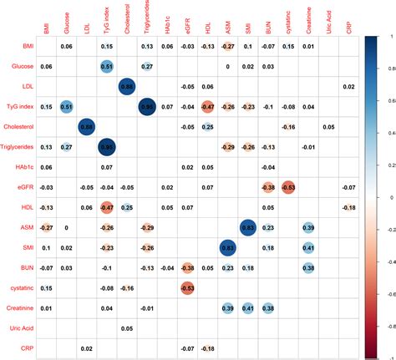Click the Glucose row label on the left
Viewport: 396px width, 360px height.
point(23,65)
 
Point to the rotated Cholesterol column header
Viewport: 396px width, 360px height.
point(125,18)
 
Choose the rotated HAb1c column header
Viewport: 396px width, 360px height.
point(165,20)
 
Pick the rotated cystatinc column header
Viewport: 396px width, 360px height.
point(287,19)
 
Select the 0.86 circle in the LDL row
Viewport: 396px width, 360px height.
point(126,86)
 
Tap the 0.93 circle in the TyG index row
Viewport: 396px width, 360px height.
point(146,106)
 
